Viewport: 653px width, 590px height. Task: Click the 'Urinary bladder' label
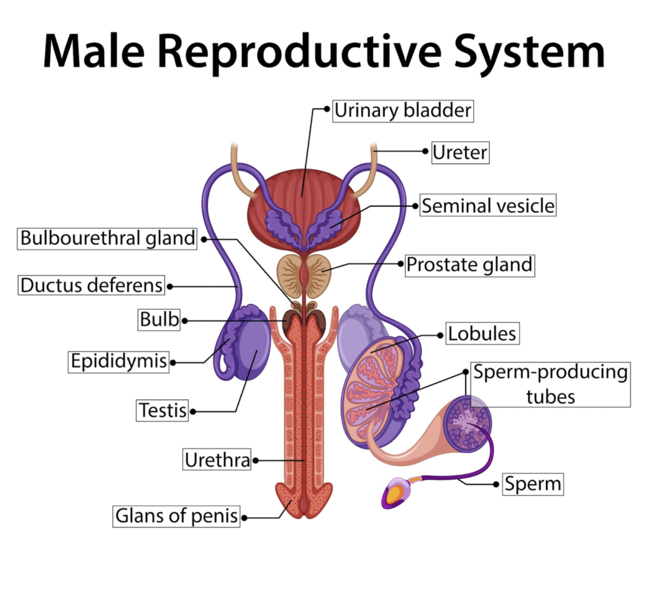[402, 111]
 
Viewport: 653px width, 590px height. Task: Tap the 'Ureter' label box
[460, 152]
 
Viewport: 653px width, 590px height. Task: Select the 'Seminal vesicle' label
[488, 206]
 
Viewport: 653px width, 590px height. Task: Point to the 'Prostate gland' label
[469, 264]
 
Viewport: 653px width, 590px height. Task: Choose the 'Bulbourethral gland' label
[107, 238]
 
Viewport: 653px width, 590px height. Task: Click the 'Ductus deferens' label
[91, 285]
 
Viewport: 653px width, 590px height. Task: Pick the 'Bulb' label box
[159, 319]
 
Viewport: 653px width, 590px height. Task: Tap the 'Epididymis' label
[119, 362]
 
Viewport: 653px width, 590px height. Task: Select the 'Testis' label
[163, 410]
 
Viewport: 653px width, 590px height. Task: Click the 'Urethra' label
[217, 459]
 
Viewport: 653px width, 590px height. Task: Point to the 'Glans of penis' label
[177, 515]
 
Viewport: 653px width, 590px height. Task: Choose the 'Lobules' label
[481, 333]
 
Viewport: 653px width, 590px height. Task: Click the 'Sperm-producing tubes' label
[550, 384]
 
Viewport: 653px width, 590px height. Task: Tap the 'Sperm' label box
[532, 484]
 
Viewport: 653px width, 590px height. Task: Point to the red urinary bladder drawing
[303, 191]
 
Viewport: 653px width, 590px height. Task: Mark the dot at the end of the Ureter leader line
[425, 152]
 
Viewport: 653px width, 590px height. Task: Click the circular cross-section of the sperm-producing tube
[468, 422]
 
